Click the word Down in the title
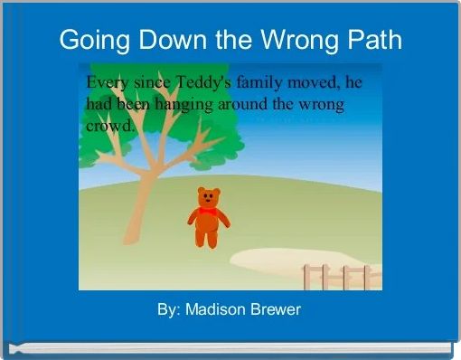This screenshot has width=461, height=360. coord(164,41)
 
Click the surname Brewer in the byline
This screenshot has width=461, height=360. coord(276,310)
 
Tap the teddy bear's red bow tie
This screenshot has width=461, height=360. coord(208,210)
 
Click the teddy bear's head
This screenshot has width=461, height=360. coord(209,197)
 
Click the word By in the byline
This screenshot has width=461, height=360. coord(166,310)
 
